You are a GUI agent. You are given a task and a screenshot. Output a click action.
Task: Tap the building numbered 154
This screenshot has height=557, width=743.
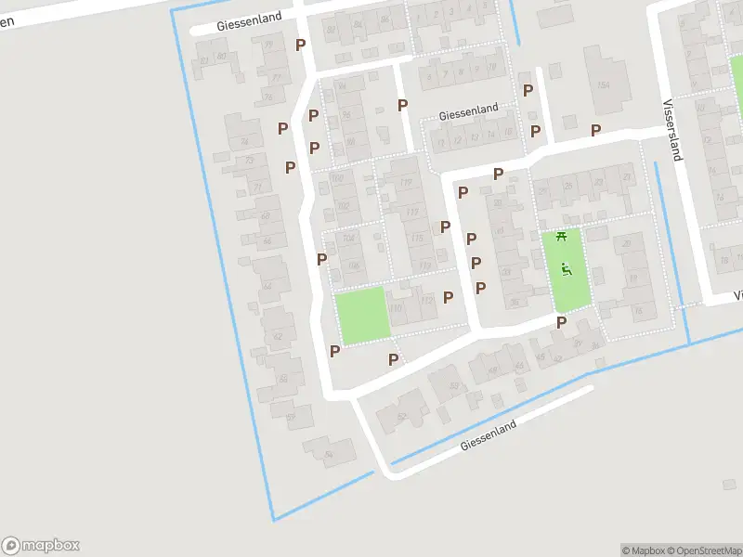click(x=605, y=84)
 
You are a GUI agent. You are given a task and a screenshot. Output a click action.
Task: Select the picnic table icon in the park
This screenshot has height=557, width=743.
click(x=560, y=237)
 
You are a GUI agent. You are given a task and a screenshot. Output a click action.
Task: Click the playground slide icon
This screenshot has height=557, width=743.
click(x=567, y=271)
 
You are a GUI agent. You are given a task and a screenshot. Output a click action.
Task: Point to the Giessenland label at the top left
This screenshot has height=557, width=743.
click(x=249, y=27)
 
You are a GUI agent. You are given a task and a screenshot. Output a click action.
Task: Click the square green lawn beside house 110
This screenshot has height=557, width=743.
click(x=360, y=316)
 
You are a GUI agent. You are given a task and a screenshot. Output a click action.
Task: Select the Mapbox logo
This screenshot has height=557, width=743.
click(x=40, y=546)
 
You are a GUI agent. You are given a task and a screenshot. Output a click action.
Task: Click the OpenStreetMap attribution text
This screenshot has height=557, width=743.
click(x=703, y=551)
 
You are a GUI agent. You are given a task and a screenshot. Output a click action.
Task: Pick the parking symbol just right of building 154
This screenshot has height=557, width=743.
click(x=595, y=130)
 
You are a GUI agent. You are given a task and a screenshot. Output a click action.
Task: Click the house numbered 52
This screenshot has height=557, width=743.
click(x=401, y=417)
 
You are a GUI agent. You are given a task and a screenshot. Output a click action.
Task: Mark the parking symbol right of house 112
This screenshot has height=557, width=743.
click(x=449, y=297)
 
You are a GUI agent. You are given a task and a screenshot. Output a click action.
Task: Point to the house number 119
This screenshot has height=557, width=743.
click(x=405, y=183)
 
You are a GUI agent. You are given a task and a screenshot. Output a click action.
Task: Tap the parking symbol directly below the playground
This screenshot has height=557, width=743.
click(x=561, y=322)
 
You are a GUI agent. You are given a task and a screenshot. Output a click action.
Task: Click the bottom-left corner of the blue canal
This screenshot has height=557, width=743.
click(x=273, y=519)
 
